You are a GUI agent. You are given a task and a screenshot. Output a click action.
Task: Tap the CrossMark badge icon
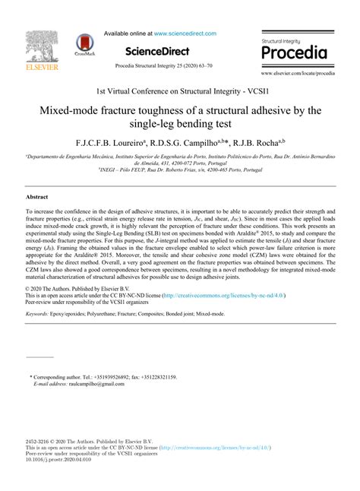click(84, 46)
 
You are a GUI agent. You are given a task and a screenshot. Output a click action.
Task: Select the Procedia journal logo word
click(294, 53)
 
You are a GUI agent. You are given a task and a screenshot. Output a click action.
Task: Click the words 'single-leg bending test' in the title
click(180, 122)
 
